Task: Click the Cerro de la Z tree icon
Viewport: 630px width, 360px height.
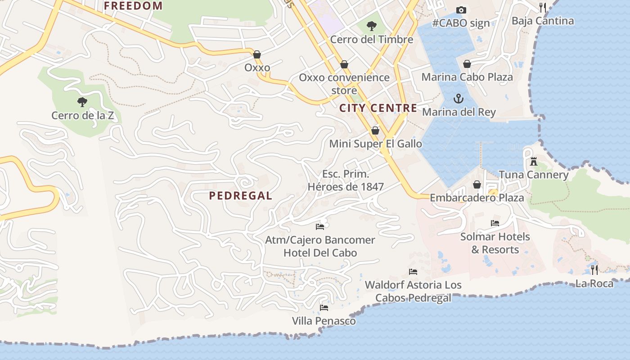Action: tap(82, 102)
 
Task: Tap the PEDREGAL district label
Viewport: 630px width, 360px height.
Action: tap(241, 196)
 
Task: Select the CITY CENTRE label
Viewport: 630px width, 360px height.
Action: tap(378, 108)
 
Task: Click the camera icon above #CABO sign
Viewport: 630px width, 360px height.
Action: tap(461, 10)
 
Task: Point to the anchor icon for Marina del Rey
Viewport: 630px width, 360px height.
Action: tap(458, 98)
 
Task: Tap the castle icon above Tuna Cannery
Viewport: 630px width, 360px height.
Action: tap(534, 161)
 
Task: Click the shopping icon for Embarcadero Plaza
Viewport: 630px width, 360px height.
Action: tap(477, 184)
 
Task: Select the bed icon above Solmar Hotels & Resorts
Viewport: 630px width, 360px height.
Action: tap(495, 223)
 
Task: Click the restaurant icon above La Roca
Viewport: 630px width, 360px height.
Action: tap(594, 270)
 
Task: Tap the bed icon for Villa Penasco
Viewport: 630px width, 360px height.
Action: tap(324, 308)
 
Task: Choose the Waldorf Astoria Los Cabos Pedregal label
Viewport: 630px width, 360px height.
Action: tap(413, 291)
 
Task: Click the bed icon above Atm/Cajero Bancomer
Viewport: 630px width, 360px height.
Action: tap(320, 227)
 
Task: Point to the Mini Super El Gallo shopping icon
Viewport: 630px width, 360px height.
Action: tap(375, 130)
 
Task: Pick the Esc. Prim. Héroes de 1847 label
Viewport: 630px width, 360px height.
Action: tap(346, 180)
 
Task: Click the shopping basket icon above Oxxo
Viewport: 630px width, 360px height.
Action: tap(257, 54)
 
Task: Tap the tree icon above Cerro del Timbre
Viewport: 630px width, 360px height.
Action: tap(371, 26)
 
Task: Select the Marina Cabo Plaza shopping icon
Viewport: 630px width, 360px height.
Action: tap(467, 63)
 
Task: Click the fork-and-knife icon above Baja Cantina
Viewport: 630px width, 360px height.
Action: tap(543, 7)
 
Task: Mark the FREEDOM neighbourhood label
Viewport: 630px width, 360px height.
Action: tap(133, 6)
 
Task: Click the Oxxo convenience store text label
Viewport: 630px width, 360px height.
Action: tap(344, 84)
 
